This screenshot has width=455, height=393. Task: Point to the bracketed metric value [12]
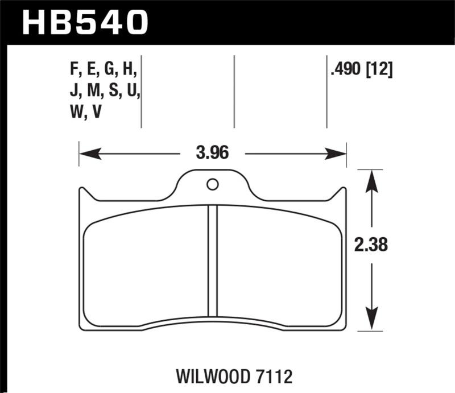click(380, 71)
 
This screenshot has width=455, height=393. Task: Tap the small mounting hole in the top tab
click(212, 184)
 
